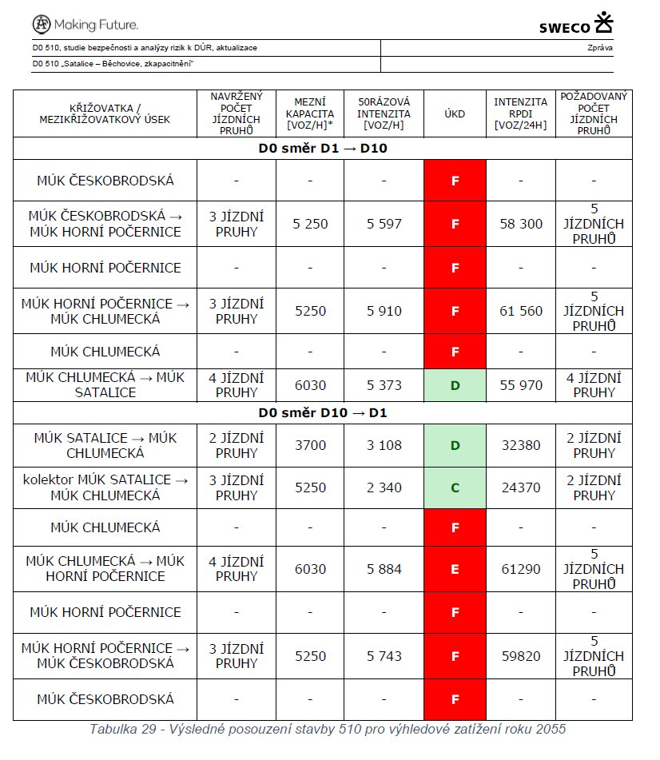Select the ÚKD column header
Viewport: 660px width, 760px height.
coord(455,113)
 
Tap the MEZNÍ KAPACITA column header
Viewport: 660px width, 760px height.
coord(309,113)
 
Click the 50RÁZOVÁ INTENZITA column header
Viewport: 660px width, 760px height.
coord(384,113)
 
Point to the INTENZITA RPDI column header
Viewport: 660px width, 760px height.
coord(520,113)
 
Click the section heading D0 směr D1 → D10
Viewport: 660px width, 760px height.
coord(322,149)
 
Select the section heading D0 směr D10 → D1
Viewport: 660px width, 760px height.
coord(322,413)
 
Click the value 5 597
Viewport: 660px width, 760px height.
coord(384,225)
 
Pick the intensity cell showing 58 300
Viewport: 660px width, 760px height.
coord(521,225)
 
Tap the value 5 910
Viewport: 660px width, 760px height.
coord(384,311)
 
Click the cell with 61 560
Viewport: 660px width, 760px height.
coord(521,311)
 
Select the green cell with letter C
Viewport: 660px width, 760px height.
coord(455,487)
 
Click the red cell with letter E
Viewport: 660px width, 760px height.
coord(455,569)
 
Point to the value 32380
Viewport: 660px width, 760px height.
coord(521,445)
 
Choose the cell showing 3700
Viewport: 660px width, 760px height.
coord(310,445)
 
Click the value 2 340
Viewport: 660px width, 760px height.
coord(384,487)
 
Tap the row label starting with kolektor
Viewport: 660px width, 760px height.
coord(105,487)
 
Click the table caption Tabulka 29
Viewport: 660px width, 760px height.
coord(328,730)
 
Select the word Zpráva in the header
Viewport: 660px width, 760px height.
coord(599,48)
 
